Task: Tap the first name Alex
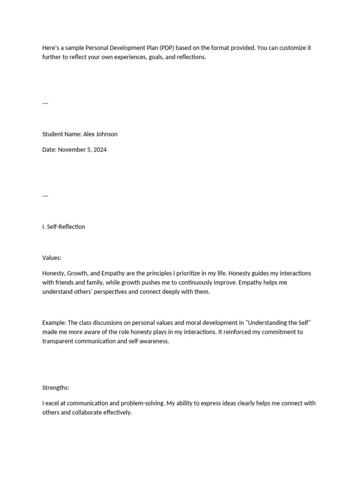click(x=90, y=134)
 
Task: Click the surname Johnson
click(x=107, y=134)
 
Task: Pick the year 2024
click(x=99, y=150)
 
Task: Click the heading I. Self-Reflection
click(x=64, y=227)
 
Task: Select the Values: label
click(x=52, y=258)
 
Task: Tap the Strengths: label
click(x=55, y=388)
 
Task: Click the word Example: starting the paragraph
click(x=54, y=323)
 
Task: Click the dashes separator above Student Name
click(x=45, y=104)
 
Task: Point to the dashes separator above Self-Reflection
click(x=45, y=196)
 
